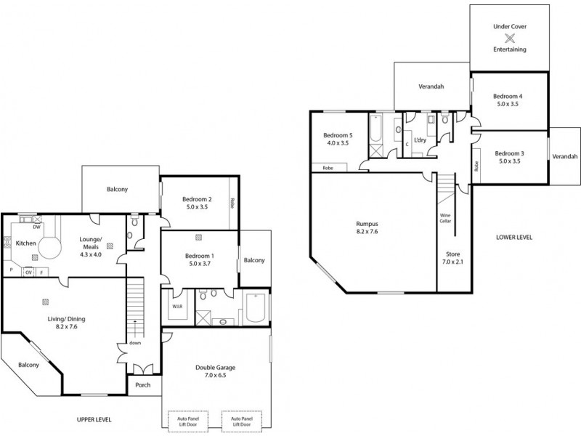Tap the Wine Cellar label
[x=444, y=218]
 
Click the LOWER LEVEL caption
[x=514, y=237]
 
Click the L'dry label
[x=419, y=140]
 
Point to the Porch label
[x=142, y=385]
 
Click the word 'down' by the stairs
[x=135, y=344]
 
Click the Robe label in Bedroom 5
[x=328, y=167]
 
